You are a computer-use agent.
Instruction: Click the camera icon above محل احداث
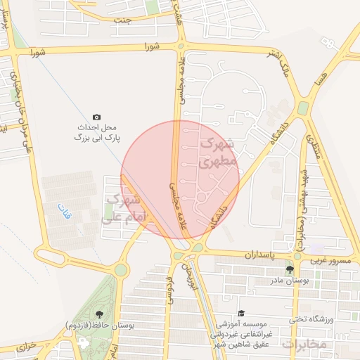96,117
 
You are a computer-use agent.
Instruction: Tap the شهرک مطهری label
219,152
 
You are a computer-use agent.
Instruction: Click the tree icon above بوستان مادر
289,269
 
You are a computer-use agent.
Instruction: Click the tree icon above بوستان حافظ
98,314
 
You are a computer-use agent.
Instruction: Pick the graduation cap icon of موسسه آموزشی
241,314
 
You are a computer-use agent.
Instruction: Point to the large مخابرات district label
304,344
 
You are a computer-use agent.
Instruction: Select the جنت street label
124,20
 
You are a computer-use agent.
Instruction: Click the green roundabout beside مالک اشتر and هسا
303,108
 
